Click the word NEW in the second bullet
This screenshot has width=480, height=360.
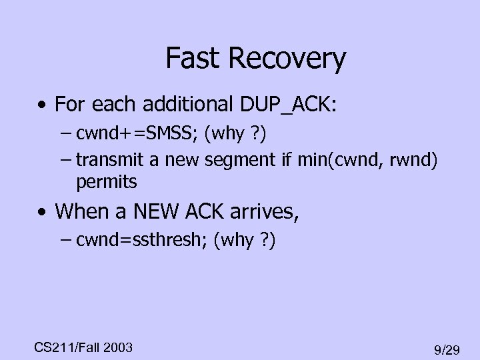tap(149, 211)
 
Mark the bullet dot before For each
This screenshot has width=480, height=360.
tap(43, 105)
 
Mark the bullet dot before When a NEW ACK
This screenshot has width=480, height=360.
tap(43, 213)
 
